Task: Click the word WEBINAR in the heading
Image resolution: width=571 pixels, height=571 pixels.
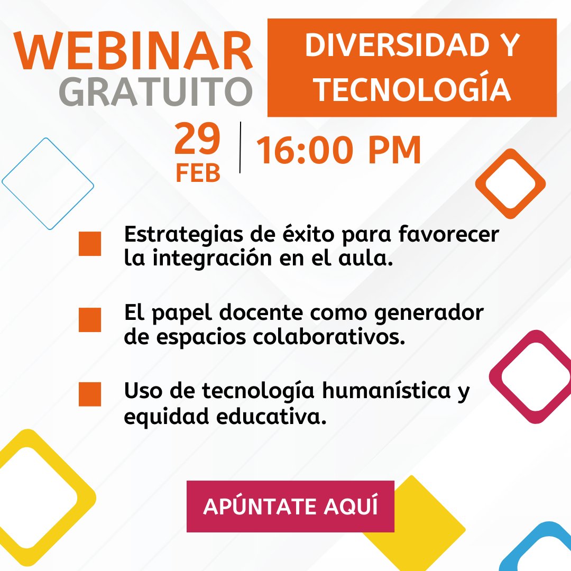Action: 133,52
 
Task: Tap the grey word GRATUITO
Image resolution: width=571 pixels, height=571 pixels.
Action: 155,93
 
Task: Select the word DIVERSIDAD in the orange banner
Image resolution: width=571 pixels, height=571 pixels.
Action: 391,47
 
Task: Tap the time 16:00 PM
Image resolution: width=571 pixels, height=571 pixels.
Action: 339,150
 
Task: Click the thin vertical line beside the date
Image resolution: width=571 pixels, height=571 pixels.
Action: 241,148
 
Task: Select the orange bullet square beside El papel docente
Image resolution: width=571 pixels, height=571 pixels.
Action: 90,320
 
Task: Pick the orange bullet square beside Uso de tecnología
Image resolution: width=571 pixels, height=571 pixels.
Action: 90,394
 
